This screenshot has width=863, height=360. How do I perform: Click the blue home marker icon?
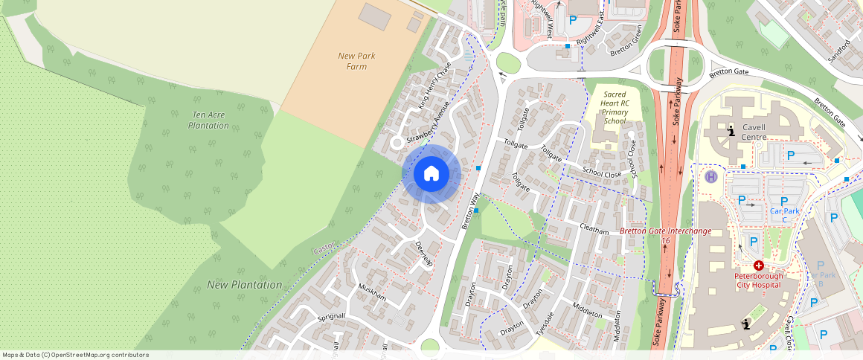(x=431, y=174)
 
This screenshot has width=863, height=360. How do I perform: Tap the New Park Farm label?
(x=356, y=61)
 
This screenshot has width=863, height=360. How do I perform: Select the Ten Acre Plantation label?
(x=209, y=120)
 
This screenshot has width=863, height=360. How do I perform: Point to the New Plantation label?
(x=244, y=285)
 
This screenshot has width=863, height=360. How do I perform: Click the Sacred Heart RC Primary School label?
(x=615, y=108)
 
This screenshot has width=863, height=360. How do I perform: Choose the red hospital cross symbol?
(x=758, y=266)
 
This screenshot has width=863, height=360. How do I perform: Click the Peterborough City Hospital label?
(x=758, y=280)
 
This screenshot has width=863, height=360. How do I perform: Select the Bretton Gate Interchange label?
(x=665, y=231)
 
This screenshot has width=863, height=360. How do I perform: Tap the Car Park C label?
(x=784, y=211)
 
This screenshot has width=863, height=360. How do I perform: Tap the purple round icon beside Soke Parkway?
(x=711, y=177)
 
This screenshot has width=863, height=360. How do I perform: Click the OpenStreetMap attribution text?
(x=74, y=355)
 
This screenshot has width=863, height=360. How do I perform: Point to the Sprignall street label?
(x=331, y=316)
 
